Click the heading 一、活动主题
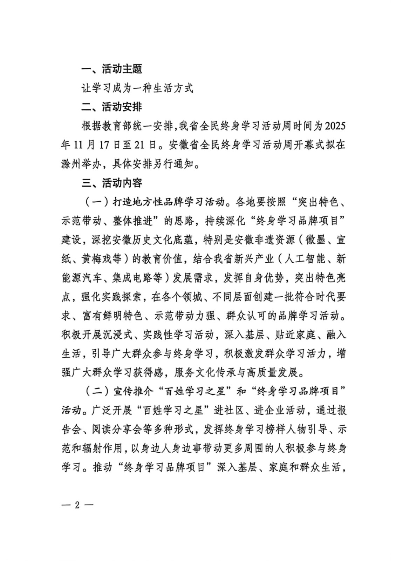coord(112,69)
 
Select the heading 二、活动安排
coord(112,107)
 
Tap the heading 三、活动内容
coord(112,183)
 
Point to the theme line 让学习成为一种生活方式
coord(137,88)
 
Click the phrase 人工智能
coord(306,259)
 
